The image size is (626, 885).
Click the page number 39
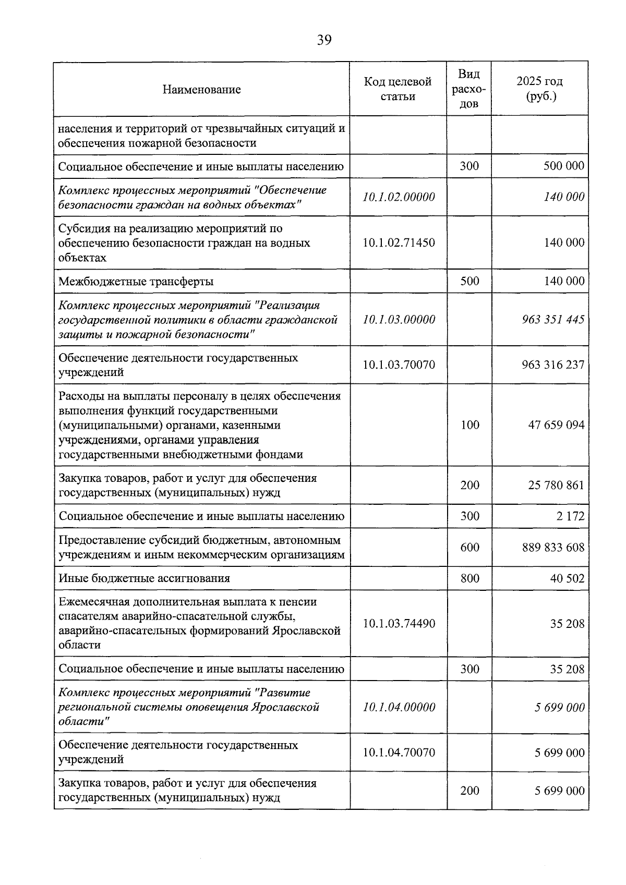coord(324,40)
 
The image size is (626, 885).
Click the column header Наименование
coord(201,89)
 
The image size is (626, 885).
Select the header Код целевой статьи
coord(398,89)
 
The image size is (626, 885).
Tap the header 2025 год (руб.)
coord(539,89)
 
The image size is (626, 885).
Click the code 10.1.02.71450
coord(399,243)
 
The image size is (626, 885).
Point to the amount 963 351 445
coord(553,319)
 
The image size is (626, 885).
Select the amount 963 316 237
coord(553,365)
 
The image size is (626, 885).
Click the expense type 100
coord(469,425)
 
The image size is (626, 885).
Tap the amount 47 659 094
coord(556,425)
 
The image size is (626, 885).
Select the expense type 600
coord(469,547)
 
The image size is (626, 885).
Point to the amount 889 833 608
coord(553,547)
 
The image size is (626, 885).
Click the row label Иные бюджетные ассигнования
coord(145,578)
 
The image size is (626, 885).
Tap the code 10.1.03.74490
coord(399,624)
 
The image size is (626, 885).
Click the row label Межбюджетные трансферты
coord(136,282)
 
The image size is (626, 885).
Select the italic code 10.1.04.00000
coord(399,707)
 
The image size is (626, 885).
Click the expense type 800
coord(469,578)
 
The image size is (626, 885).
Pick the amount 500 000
coord(563,166)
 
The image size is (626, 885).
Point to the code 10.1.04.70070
coord(399,753)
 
